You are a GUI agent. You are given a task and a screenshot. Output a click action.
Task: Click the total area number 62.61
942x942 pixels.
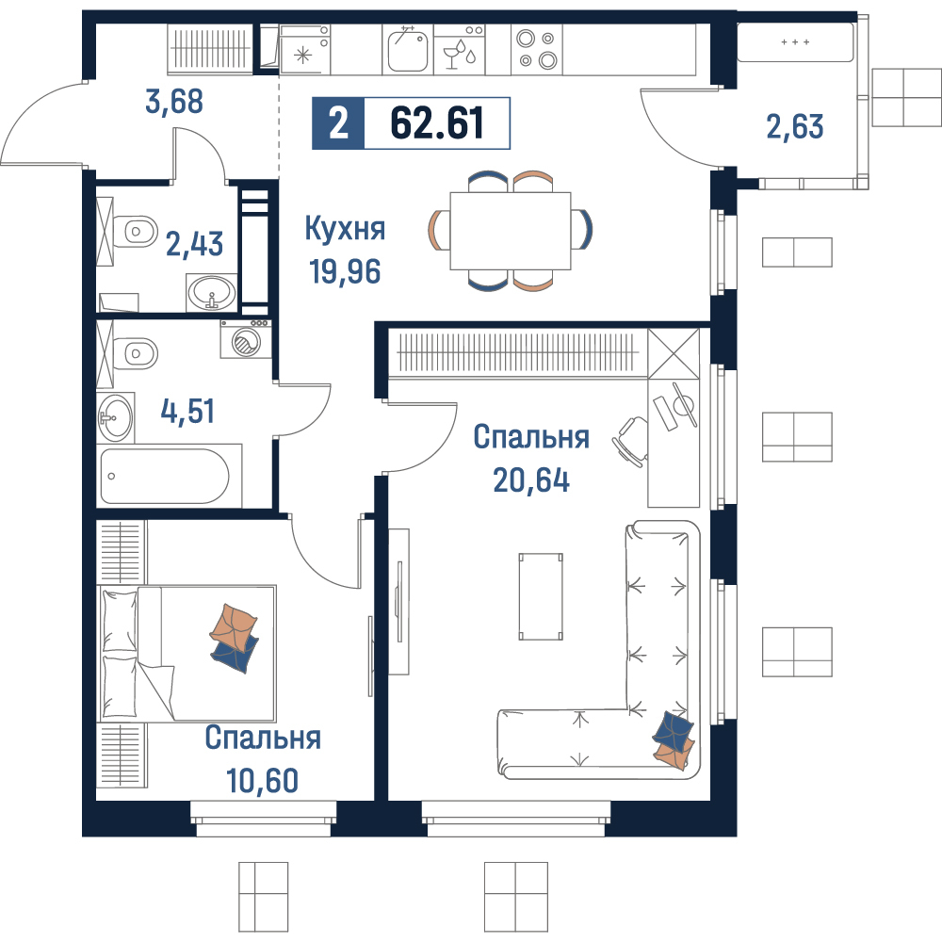pos(437,123)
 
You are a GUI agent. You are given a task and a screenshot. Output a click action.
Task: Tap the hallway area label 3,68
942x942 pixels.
pos(174,102)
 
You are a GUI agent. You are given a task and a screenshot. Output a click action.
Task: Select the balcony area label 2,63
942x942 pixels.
pos(795,127)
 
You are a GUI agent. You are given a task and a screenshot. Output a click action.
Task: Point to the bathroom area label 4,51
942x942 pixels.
pos(187,412)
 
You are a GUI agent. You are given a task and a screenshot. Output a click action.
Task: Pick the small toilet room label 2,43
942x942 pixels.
pos(194,244)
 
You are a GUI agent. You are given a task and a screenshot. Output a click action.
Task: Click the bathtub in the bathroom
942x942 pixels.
pos(165,476)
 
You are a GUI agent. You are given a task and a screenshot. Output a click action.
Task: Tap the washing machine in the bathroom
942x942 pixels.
pos(245,339)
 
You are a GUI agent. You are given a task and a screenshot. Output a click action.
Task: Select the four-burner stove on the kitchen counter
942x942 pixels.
pos(537,49)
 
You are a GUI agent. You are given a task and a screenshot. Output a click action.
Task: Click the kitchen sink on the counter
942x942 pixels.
pos(407,49)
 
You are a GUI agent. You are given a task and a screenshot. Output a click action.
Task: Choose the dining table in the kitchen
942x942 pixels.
pos(510,231)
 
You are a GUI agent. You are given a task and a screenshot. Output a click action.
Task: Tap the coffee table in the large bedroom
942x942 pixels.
pos(541,596)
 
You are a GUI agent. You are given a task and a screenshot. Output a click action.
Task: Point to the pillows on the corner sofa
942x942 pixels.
pos(673,739)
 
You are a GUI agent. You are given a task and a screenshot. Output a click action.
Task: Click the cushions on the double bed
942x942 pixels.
pos(235,638)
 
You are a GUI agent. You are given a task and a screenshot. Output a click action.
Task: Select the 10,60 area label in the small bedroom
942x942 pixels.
pos(262,780)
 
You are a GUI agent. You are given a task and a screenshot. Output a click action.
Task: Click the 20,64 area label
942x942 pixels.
pos(531,480)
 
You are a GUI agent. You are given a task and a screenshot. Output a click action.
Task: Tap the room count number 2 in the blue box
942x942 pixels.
pos(338,123)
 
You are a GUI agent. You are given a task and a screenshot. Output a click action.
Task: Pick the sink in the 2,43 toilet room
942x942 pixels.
pos(211,293)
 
